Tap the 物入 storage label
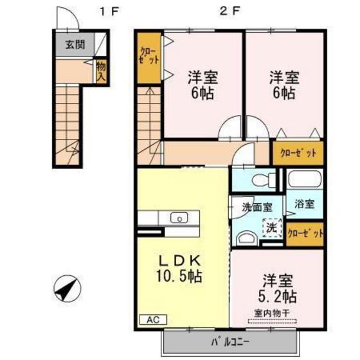tap(101, 71)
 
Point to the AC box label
tap(152, 318)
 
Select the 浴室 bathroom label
tap(304, 205)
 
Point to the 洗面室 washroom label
tap(256, 208)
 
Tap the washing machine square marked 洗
tap(272, 226)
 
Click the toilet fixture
tap(260, 177)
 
